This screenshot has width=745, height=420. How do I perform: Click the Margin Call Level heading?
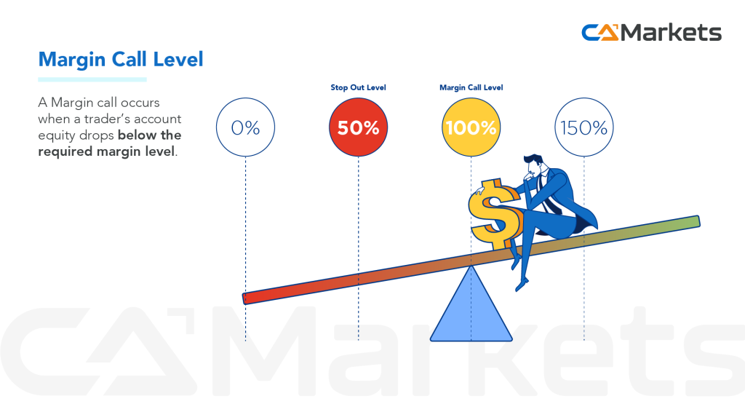(121, 59)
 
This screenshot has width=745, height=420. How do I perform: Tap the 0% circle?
(245, 128)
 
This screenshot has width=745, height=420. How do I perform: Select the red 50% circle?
(358, 128)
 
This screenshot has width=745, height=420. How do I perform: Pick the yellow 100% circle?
(471, 128)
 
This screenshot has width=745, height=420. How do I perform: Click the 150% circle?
(583, 128)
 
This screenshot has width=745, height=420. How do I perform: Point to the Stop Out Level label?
(358, 87)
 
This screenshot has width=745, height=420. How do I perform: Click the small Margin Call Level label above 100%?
(471, 87)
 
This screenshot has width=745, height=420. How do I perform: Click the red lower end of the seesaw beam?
(255, 296)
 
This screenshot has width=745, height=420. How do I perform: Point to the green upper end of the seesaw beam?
(688, 222)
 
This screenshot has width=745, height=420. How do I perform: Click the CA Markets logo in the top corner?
(651, 33)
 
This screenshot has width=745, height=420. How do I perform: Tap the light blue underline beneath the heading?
(92, 79)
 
